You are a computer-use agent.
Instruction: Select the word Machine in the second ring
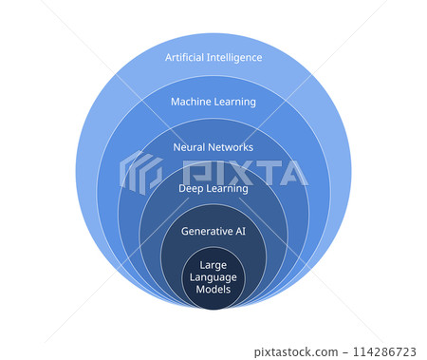(190, 102)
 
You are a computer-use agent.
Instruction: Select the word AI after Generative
(239, 231)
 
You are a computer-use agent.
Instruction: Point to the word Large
(213, 264)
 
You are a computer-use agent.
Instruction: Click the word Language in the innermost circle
(213, 276)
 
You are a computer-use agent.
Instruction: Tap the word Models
(213, 289)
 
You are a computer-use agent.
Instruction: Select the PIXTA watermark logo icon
(140, 172)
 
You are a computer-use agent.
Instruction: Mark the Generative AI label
(213, 231)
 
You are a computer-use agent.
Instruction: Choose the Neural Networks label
(213, 147)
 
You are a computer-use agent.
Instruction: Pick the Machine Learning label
(213, 102)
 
